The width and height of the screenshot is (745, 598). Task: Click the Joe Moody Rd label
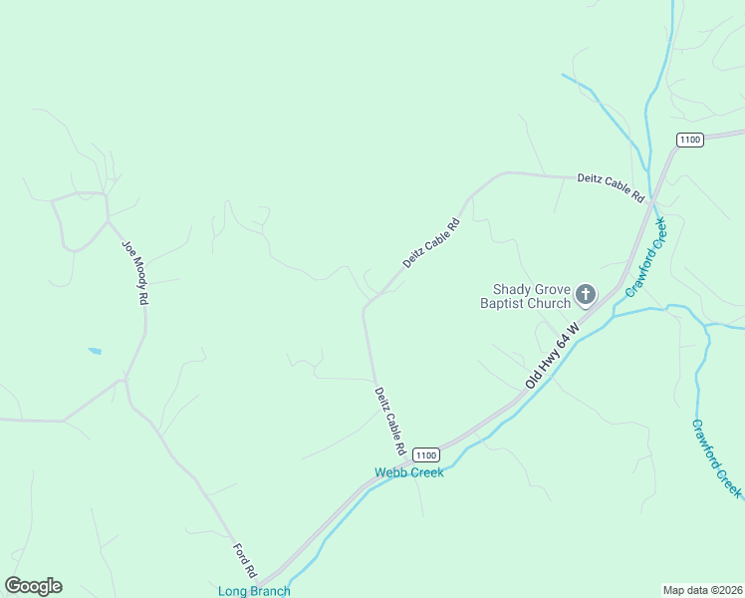click(135, 271)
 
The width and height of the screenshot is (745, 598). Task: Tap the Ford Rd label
click(245, 560)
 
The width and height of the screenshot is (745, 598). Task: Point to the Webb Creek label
click(408, 472)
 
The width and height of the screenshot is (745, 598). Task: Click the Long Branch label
click(254, 591)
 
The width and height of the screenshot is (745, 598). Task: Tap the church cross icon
click(586, 294)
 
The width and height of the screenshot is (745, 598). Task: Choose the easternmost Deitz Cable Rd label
click(612, 189)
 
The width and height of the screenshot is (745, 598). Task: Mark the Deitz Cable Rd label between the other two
click(431, 244)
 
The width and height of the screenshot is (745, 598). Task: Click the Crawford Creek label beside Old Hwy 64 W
click(645, 256)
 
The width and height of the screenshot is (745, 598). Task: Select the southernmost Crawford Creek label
click(716, 458)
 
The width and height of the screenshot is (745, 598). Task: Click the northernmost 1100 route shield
click(689, 140)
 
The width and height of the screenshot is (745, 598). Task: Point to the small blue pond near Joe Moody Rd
click(95, 351)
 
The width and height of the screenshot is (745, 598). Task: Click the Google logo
click(33, 586)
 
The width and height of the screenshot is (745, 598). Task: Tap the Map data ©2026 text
click(702, 590)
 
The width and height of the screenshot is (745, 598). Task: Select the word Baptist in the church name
click(502, 303)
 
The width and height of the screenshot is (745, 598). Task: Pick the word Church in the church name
click(549, 303)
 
